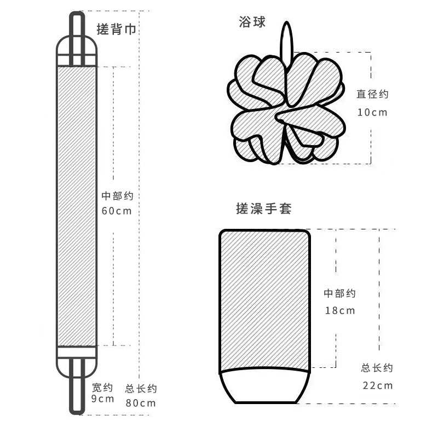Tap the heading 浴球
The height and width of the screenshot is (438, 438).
[x=252, y=22]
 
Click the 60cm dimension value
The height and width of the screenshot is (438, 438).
[x=117, y=211]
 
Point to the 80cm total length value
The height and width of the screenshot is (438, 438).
[x=141, y=404]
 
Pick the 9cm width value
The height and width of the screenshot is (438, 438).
[x=102, y=399]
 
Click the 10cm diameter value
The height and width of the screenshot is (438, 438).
[x=372, y=112]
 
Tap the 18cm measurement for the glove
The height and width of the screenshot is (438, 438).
[x=339, y=310]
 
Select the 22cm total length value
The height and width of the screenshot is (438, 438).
[x=377, y=385]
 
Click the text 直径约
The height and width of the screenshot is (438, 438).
[x=372, y=94]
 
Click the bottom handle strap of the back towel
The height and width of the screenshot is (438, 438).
[x=77, y=389]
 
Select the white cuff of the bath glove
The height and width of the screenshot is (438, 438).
[x=265, y=387]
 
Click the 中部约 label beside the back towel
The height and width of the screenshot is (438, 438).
[x=117, y=195]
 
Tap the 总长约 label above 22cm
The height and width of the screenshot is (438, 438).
[x=377, y=368]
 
